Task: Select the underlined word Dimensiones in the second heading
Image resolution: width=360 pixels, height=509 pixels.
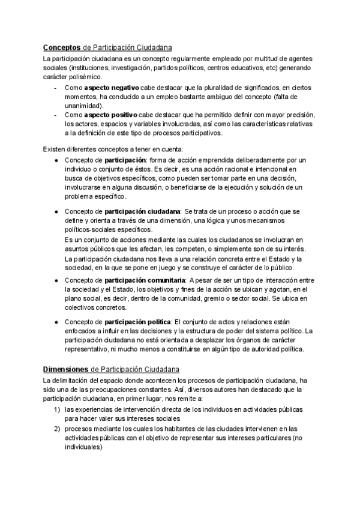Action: pos(65,369)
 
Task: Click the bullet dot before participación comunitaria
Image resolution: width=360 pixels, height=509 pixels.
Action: pos(56,280)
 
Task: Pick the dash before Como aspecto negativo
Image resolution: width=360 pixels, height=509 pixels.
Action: pos(55,87)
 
